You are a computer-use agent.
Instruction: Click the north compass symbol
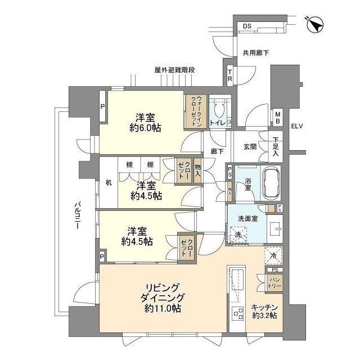(316, 24)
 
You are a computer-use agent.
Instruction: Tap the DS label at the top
(247, 26)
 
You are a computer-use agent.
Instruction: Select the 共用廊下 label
(255, 53)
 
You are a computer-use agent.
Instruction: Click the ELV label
(297, 126)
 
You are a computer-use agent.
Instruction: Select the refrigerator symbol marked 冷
(273, 256)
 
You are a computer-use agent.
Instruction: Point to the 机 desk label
(109, 182)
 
